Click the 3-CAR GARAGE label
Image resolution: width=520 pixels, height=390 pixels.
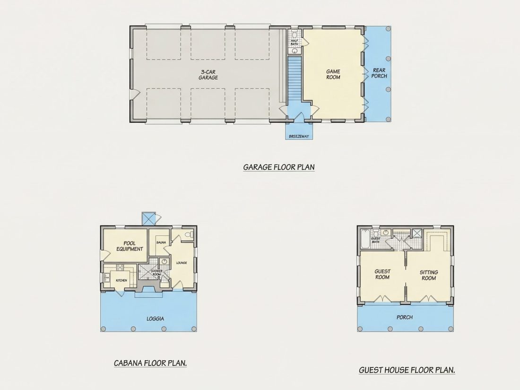coord(208,75)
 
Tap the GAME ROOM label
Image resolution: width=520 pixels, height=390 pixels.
coord(333,74)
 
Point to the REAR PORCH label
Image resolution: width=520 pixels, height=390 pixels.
coord(379,73)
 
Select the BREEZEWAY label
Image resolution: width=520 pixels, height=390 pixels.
coord(299,136)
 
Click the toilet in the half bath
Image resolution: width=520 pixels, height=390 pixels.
coord(295,34)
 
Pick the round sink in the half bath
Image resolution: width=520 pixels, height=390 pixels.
coord(295,51)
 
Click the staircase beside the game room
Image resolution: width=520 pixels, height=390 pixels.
coord(294,78)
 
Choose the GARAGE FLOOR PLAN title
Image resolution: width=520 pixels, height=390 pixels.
coord(279,167)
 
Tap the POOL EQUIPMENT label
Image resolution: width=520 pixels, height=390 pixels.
coord(130,246)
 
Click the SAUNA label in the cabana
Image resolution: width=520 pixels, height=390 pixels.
coord(161,243)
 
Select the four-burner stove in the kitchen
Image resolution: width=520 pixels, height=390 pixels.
coord(120,267)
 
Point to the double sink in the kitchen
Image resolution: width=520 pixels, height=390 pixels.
coord(107,277)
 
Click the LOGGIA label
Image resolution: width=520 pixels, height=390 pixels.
coord(155,319)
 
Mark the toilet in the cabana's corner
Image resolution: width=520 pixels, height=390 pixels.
coord(189,234)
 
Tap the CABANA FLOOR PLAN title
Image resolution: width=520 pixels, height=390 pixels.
coord(150,363)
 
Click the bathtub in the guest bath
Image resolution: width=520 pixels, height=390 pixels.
coord(364,240)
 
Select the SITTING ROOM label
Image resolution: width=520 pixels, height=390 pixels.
coord(429,275)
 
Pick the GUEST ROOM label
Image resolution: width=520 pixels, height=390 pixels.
coord(382,274)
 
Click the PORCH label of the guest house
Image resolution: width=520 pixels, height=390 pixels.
coord(405,317)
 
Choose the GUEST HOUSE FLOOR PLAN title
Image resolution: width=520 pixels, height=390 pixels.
coord(407,370)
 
